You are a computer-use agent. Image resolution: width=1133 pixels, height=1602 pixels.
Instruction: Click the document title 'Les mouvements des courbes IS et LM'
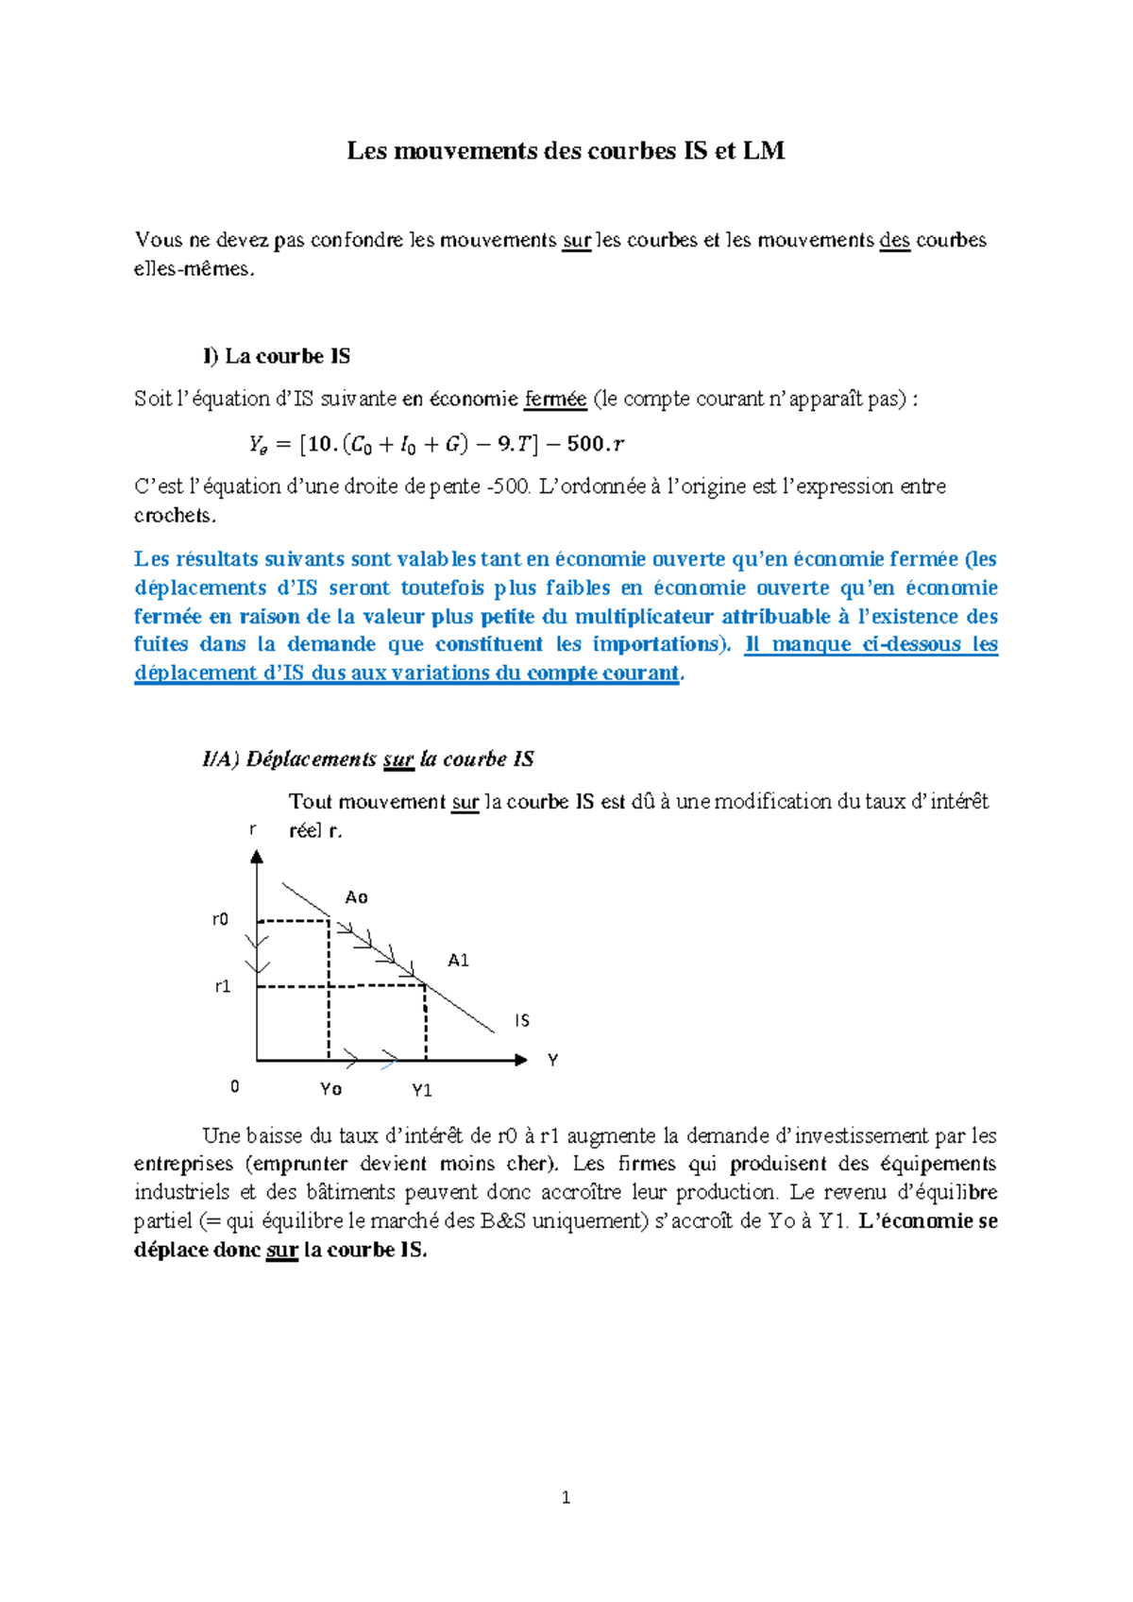[566, 151]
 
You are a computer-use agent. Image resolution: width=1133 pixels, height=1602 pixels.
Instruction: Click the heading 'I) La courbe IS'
[276, 357]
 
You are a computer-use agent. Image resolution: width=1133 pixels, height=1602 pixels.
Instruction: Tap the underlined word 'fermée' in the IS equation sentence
[555, 400]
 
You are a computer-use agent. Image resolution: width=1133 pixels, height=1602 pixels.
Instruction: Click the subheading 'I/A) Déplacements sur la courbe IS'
[368, 759]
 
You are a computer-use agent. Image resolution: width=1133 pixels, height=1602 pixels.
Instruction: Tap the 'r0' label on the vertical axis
[220, 920]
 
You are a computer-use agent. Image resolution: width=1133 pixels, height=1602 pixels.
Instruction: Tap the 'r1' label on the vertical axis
[222, 987]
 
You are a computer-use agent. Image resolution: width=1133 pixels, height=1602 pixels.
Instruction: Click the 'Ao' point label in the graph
[356, 897]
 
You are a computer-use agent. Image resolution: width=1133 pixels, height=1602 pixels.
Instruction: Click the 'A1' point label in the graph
[458, 961]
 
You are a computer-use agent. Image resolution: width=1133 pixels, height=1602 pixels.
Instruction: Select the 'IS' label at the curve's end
[522, 1021]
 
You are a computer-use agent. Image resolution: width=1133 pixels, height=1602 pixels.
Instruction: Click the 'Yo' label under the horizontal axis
[330, 1090]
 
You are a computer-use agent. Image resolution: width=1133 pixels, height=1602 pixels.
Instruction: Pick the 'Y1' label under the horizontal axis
[422, 1091]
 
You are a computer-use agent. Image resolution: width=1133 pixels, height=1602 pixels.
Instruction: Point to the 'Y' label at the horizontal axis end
[552, 1061]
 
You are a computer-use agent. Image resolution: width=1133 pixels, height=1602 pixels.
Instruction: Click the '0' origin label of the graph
[235, 1087]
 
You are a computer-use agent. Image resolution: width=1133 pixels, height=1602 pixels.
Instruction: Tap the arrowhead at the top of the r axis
[257, 857]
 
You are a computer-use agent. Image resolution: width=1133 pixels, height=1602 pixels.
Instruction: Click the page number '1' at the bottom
[566, 1498]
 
